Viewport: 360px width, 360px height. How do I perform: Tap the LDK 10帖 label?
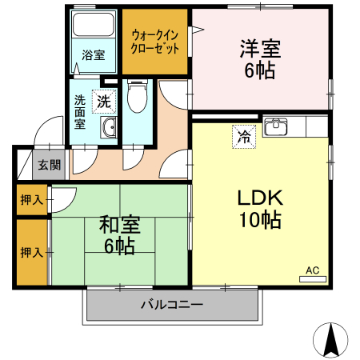[258, 209]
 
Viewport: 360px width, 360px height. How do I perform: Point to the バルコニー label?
[172, 305]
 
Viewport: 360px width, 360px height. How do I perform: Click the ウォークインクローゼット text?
[155, 41]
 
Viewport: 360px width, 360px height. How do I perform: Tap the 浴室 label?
[94, 55]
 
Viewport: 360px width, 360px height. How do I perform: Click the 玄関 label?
[49, 166]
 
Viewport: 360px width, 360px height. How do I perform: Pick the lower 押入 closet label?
[32, 252]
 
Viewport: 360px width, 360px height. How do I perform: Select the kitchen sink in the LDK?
[276, 126]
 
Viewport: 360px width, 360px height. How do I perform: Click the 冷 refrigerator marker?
[243, 137]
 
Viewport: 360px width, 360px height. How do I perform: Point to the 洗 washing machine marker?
[104, 102]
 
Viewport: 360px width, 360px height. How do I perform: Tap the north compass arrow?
[330, 341]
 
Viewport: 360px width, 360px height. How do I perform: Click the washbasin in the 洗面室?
[107, 128]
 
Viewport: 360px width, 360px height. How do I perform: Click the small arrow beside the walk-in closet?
[197, 31]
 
